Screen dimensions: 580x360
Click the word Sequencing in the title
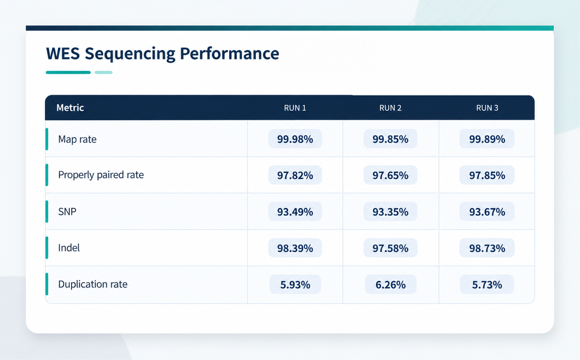pyautogui.click(x=130, y=54)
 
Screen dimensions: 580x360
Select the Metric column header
pyautogui.click(x=70, y=108)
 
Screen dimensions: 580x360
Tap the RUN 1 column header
pyautogui.click(x=295, y=108)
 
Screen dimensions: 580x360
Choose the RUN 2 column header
pyautogui.click(x=390, y=108)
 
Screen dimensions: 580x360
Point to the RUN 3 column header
pyautogui.click(x=487, y=108)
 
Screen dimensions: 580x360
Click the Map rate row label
pyautogui.click(x=77, y=139)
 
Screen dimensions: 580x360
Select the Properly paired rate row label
pyautogui.click(x=101, y=175)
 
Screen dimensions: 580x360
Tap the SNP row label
pyautogui.click(x=67, y=212)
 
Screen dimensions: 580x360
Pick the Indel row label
pyautogui.click(x=68, y=248)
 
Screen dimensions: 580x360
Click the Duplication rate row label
pyautogui.click(x=93, y=284)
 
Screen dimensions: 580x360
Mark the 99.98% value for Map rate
pyautogui.click(x=295, y=139)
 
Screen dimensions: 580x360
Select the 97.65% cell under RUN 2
pyautogui.click(x=390, y=175)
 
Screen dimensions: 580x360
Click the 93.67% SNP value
pyautogui.click(x=487, y=212)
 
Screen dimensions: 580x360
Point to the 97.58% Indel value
pyautogui.click(x=390, y=248)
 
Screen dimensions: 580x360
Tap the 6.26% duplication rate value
pyautogui.click(x=391, y=285)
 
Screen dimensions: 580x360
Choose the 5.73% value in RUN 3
pyautogui.click(x=487, y=285)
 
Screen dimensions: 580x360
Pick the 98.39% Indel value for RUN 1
pyautogui.click(x=295, y=248)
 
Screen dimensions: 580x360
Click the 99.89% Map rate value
pyautogui.click(x=487, y=139)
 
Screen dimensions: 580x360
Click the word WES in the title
pyautogui.click(x=63, y=53)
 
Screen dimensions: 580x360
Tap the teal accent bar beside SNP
pyautogui.click(x=47, y=211)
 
